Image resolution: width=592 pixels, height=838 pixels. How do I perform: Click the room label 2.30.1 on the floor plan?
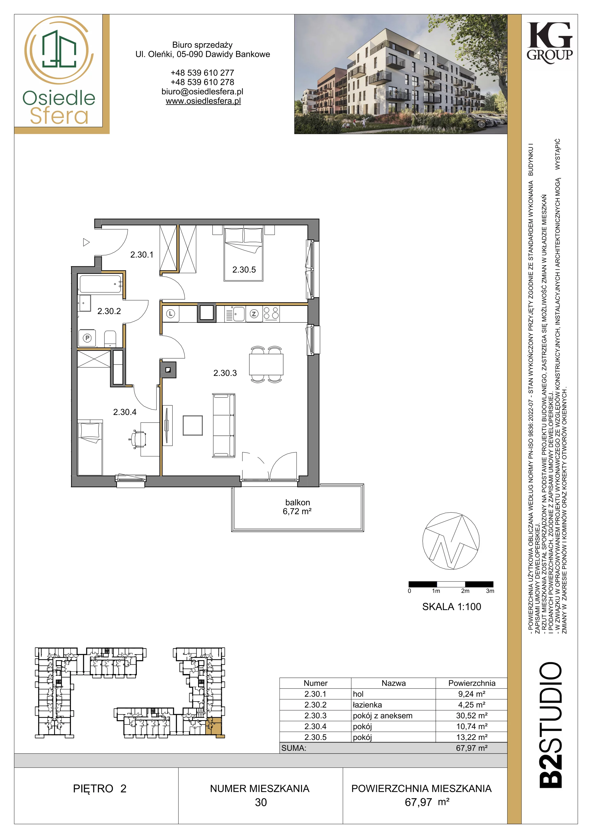point(142,255)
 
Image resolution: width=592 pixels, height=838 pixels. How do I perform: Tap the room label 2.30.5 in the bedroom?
point(244,270)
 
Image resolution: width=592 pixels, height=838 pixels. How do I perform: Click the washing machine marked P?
point(87,338)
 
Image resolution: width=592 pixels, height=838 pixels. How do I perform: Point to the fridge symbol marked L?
point(171,313)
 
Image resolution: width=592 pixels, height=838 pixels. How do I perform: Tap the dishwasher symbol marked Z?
point(254,313)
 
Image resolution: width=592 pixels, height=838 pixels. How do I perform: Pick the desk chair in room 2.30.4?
point(139,438)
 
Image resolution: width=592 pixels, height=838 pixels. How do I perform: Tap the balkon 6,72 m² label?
point(297,507)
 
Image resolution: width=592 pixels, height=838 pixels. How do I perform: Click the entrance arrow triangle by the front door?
point(86,242)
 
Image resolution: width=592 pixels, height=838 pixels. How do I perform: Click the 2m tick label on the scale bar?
point(465,591)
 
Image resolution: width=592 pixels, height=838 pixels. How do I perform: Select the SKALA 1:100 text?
point(451,607)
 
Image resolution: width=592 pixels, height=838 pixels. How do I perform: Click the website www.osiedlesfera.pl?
point(203,101)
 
